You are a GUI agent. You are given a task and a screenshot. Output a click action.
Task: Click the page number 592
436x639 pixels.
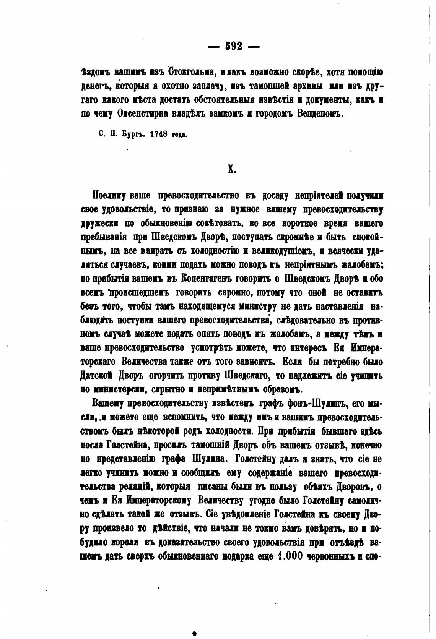[x=234, y=46]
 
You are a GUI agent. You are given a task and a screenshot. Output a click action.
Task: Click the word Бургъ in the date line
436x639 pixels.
[x=132, y=135]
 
